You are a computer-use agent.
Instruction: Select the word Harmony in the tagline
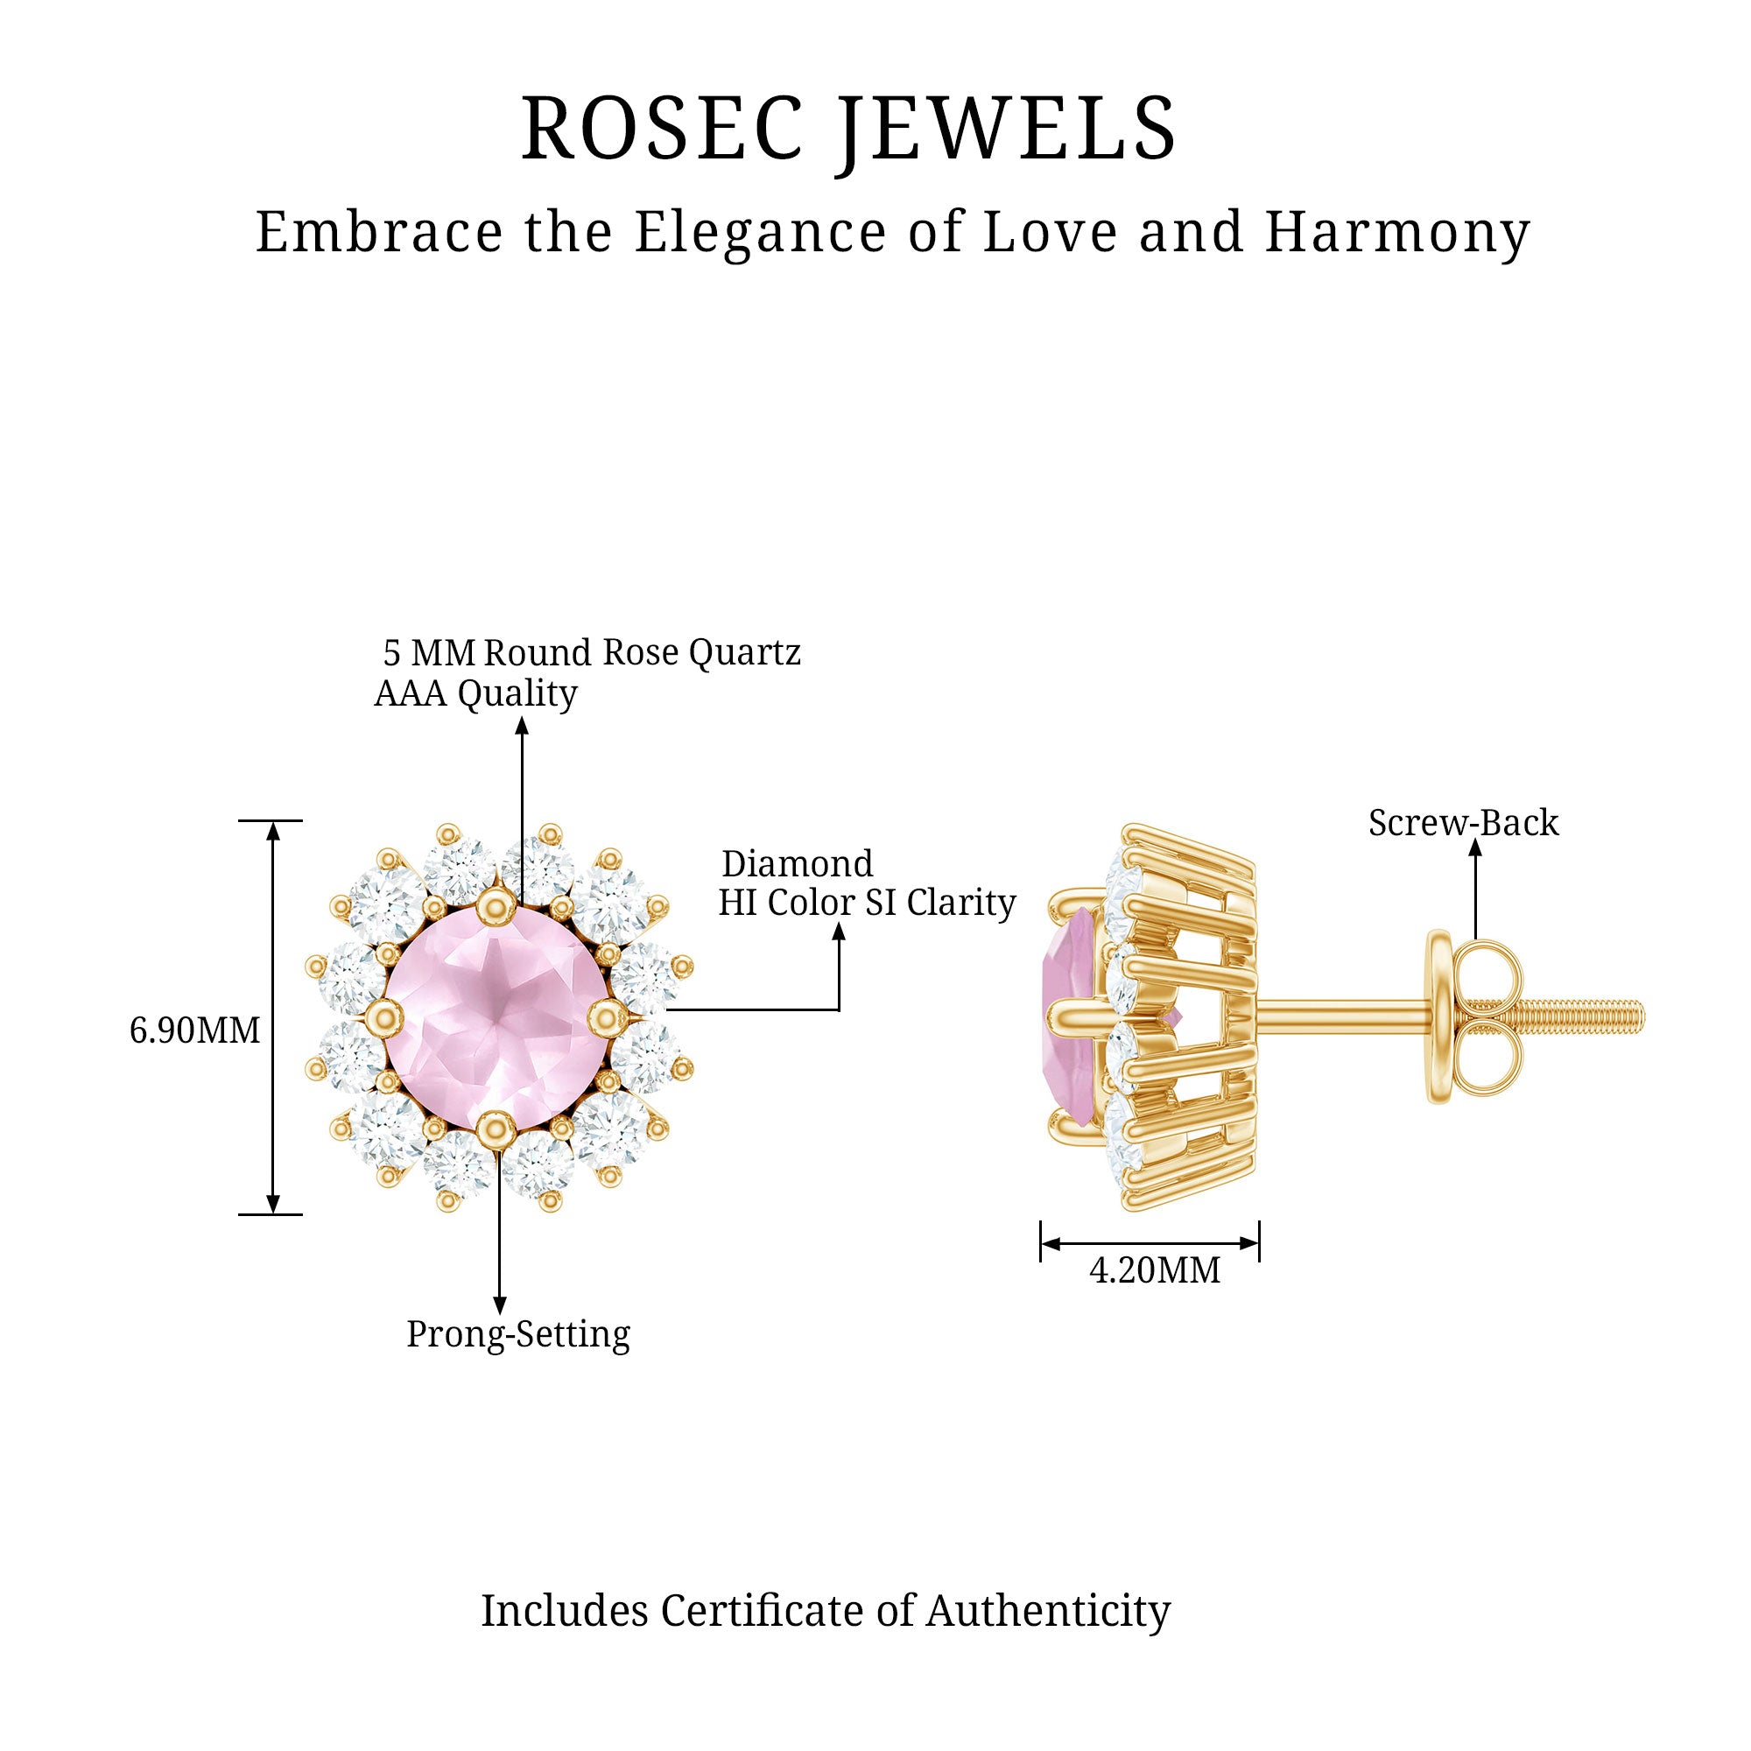(1396, 232)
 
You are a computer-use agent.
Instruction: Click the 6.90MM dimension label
(195, 1030)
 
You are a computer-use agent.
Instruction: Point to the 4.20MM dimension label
(1155, 1269)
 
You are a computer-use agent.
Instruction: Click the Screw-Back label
(1463, 823)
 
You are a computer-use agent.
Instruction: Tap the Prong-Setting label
(517, 1334)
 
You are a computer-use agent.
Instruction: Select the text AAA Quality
(475, 693)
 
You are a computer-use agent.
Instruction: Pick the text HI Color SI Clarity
(867, 903)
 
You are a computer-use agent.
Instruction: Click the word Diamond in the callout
(797, 864)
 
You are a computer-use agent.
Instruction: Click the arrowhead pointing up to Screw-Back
(1475, 848)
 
